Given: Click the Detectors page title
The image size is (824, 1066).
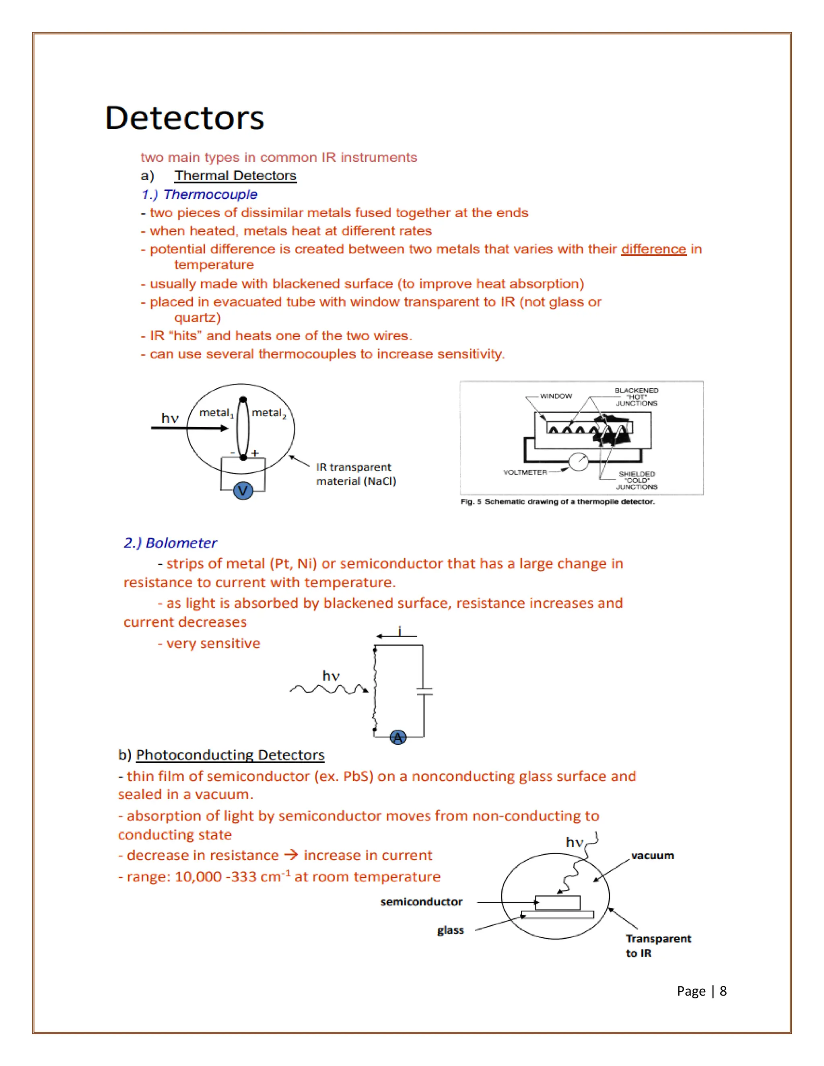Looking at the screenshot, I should click(x=185, y=118).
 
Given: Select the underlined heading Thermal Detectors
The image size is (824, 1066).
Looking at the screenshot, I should click(x=235, y=176).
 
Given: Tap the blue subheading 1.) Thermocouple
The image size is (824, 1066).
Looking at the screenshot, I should click(x=199, y=194).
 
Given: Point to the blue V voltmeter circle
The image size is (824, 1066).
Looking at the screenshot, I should click(x=243, y=490).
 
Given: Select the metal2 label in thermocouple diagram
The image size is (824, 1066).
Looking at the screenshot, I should click(x=268, y=413).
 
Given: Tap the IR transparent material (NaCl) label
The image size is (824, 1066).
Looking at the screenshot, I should click(x=355, y=474).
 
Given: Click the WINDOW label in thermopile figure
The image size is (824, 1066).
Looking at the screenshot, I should click(x=556, y=396).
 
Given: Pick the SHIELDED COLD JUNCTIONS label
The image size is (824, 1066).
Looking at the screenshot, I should click(x=637, y=480).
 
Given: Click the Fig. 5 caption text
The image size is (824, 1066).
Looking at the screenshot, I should click(x=557, y=502).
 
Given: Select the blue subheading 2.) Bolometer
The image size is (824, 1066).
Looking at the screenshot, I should click(x=170, y=543).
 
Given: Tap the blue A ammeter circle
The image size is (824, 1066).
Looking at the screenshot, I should click(x=398, y=737).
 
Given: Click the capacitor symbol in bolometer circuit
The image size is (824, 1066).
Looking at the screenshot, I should click(x=424, y=691).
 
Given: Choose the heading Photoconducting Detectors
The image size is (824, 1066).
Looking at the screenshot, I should click(x=230, y=755).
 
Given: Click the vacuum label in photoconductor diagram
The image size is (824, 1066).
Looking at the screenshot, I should click(x=652, y=856).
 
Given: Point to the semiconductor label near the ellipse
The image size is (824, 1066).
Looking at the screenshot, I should click(x=421, y=901).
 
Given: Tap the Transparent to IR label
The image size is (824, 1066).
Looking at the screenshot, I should click(x=657, y=945).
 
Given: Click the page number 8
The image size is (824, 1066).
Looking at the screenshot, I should click(x=723, y=991).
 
